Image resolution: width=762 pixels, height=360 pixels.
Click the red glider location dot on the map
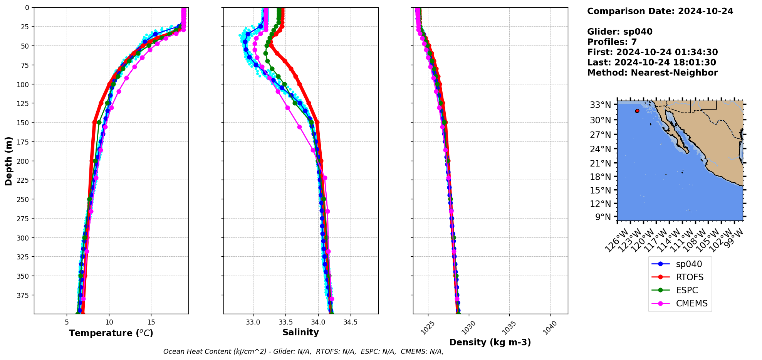pyautogui.click(x=637, y=111)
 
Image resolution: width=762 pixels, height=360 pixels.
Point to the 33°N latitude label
pyautogui.click(x=600, y=105)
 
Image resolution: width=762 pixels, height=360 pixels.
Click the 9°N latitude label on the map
pyautogui.click(x=603, y=217)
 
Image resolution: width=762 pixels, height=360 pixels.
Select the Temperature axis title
pyautogui.click(x=111, y=333)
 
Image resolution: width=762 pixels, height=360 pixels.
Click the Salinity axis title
pyautogui.click(x=300, y=332)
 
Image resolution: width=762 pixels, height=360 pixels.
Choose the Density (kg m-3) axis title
pyautogui.click(x=490, y=342)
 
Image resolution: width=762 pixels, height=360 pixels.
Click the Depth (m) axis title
pyautogui.click(x=8, y=161)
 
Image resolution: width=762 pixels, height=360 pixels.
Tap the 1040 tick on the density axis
pyautogui.click(x=550, y=328)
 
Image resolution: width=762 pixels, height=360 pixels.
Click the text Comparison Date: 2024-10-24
pyautogui.click(x=660, y=11)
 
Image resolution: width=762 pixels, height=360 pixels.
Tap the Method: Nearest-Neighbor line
pyautogui.click(x=652, y=73)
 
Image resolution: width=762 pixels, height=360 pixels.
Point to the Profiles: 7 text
pyautogui.click(x=612, y=42)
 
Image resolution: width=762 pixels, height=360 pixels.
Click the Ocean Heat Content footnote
pyautogui.click(x=303, y=352)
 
